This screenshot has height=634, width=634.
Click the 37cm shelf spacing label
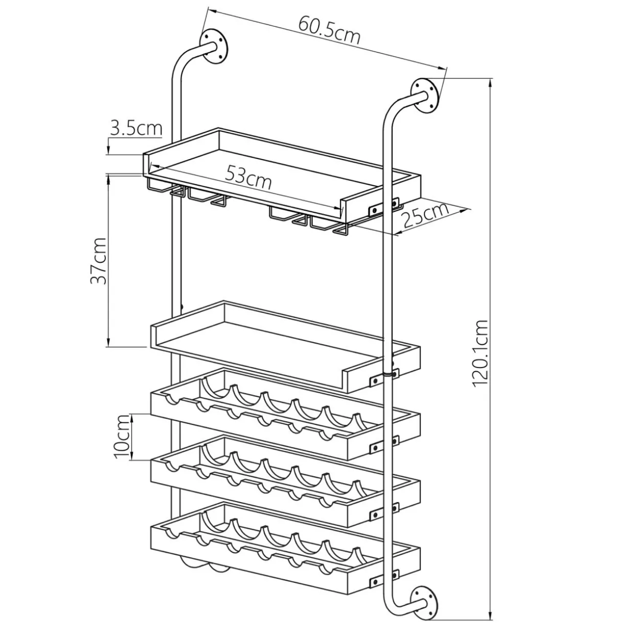[x=99, y=261]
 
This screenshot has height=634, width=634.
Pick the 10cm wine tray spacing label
[x=122, y=437]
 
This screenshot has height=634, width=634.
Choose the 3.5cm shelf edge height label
[x=136, y=128]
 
